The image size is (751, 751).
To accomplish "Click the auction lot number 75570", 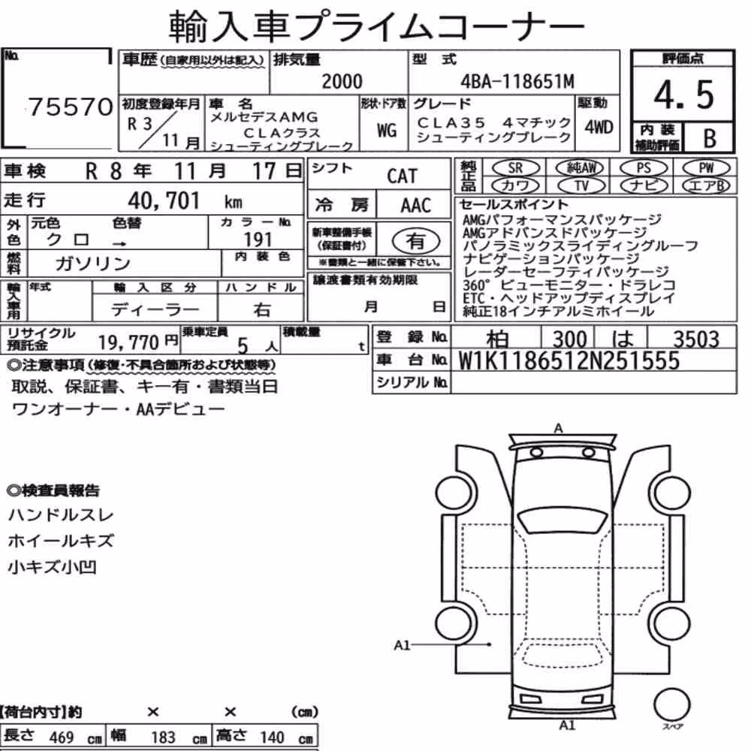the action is coord(71,107).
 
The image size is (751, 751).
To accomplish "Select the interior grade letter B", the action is coord(710,138).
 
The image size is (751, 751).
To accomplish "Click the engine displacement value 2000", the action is coord(342,81).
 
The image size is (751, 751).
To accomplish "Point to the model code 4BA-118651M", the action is coord(517,81).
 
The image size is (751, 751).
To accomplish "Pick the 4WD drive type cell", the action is coord(599,128).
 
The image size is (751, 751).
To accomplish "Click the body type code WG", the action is coord(387,130).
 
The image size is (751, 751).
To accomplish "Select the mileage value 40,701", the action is coord(163,201).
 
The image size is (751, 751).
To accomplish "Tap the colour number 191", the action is coord(258,239).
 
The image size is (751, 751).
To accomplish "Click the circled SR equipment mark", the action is coord(515,168).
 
